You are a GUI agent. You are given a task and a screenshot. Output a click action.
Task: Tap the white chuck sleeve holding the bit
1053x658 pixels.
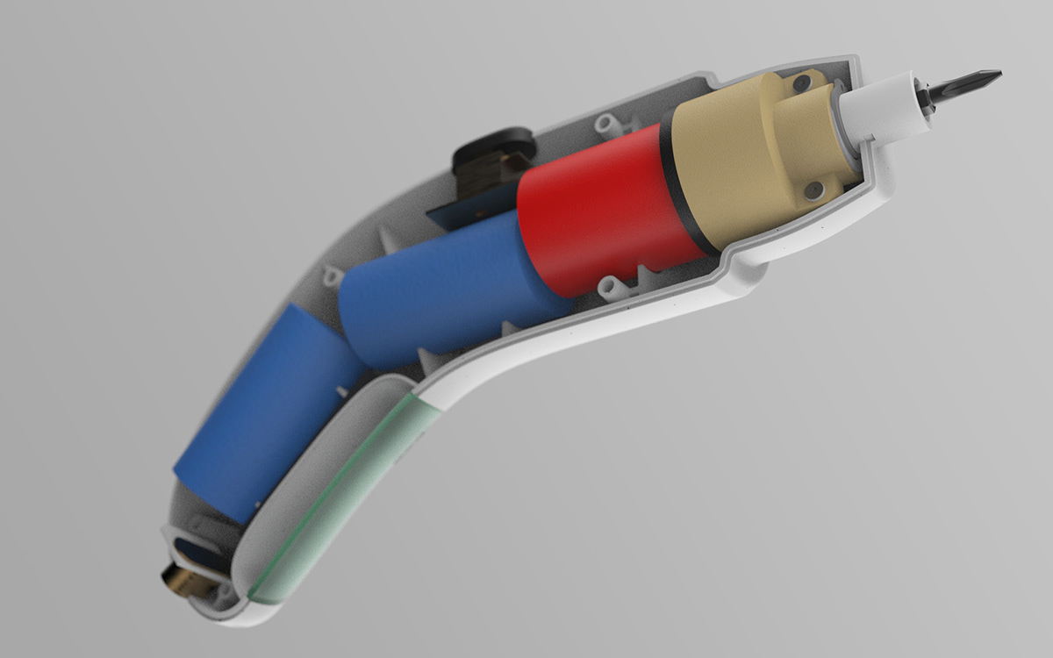pyautogui.click(x=882, y=107)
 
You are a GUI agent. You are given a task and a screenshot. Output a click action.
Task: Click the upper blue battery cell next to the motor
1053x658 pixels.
pyautogui.click(x=439, y=290)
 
